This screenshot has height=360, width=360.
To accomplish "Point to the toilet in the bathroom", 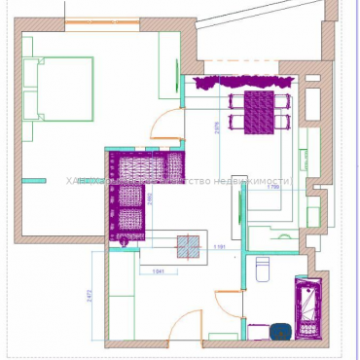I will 261,269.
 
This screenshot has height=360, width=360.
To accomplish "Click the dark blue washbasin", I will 281,331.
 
